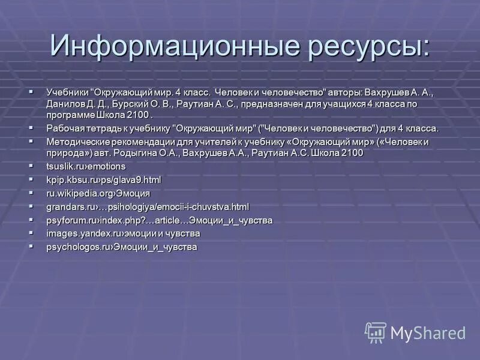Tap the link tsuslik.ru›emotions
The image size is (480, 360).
tap(86, 166)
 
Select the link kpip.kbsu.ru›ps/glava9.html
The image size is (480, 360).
tap(104, 179)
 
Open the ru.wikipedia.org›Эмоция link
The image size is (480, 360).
tap(98, 193)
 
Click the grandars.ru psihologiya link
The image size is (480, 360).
tap(148, 206)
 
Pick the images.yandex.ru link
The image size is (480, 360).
tap(123, 233)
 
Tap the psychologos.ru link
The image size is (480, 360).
tap(122, 247)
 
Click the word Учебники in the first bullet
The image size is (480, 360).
tap(67, 93)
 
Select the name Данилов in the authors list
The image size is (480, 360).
tap(64, 104)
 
